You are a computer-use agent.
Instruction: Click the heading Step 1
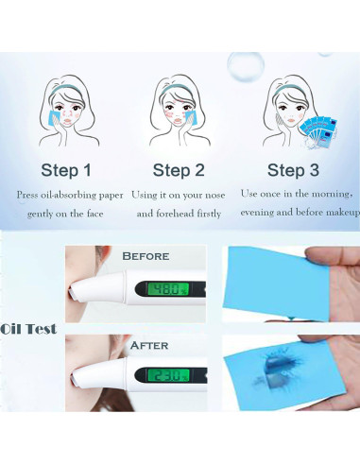(x=66, y=171)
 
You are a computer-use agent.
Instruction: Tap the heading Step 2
(x=179, y=171)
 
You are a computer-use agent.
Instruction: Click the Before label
(x=146, y=255)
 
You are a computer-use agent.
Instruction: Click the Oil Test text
(x=29, y=329)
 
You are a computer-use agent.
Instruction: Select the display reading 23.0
(x=169, y=374)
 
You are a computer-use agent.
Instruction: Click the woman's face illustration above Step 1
(x=70, y=112)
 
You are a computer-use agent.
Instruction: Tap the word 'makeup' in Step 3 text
(x=339, y=214)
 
